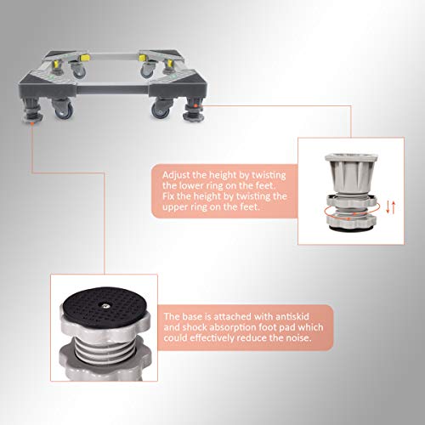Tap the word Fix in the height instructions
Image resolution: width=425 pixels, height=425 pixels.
168,196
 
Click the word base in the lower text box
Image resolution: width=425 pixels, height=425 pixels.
191,316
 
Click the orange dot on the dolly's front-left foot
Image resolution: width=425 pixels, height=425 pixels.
32,124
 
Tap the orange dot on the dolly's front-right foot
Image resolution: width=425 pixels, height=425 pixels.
195,106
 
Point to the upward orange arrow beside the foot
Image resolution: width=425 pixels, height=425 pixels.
393,207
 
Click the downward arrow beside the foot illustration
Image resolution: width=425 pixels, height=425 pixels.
388,207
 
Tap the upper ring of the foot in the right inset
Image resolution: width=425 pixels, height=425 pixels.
351,201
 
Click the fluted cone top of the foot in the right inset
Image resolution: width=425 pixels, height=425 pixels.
351,173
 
